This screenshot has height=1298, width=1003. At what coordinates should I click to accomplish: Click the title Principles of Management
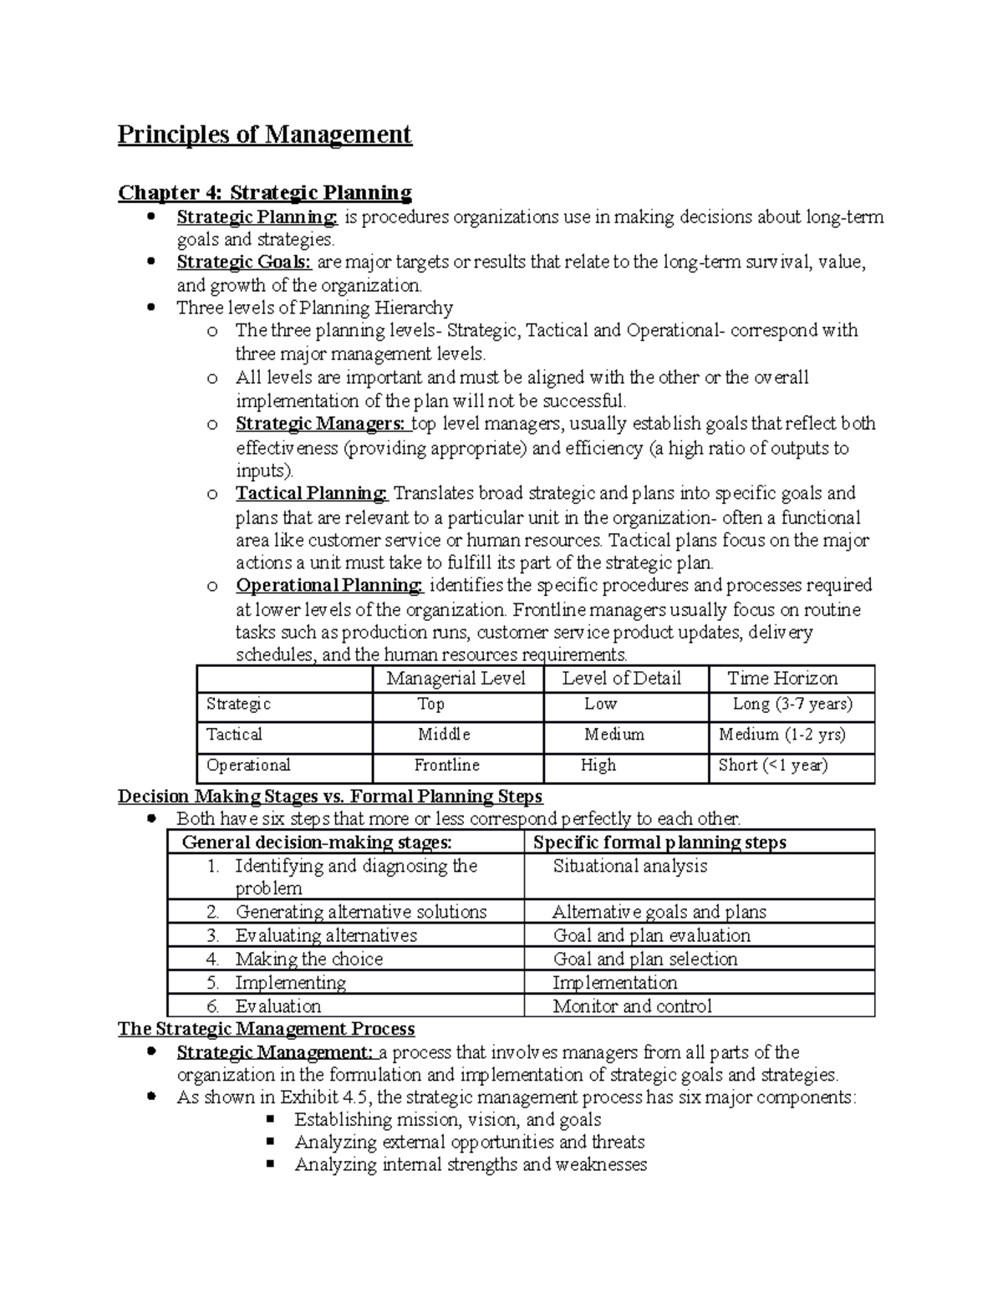tap(264, 135)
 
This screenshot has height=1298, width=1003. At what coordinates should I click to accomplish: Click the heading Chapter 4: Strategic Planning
tap(264, 193)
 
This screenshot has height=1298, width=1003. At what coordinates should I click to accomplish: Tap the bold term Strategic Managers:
tap(320, 424)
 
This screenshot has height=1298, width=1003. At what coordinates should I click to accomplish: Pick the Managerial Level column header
tap(456, 679)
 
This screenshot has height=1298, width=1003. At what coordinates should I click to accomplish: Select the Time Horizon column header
tap(782, 679)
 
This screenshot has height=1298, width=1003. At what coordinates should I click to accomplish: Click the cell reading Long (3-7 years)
tap(792, 704)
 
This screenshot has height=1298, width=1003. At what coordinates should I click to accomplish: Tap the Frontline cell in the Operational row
tap(447, 765)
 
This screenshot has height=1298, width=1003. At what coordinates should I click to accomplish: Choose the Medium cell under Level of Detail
tap(614, 735)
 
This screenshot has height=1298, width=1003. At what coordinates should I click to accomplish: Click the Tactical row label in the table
tap(234, 735)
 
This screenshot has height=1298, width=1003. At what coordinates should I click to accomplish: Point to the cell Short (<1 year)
tap(773, 765)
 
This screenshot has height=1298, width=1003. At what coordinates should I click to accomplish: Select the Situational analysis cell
tap(630, 866)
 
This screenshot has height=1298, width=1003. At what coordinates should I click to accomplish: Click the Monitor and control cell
tap(633, 1006)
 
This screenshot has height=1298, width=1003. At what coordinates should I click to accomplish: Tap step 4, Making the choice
tap(308, 959)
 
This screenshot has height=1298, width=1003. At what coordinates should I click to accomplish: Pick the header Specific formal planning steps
tap(659, 842)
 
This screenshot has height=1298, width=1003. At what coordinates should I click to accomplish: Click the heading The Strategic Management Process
tap(267, 1029)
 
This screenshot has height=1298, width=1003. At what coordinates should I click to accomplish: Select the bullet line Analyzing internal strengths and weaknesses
tap(471, 1164)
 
